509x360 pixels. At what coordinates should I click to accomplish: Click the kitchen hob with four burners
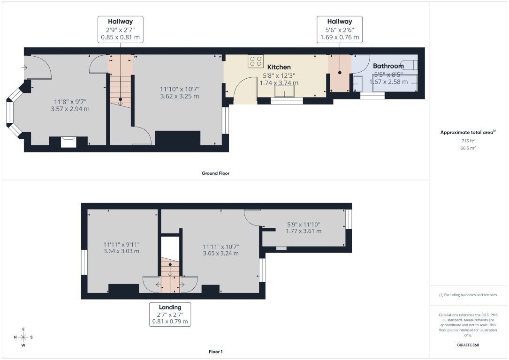click(x=256, y=61)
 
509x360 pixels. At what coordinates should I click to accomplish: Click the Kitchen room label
click(x=279, y=67)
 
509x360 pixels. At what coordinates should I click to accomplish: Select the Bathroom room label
click(x=388, y=66)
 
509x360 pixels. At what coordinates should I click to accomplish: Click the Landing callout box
click(x=170, y=314)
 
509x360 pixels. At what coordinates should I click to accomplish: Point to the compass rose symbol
click(x=23, y=337)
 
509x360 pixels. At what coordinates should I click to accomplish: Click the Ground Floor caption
click(x=215, y=173)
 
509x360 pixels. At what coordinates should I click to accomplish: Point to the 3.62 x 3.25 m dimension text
click(x=179, y=97)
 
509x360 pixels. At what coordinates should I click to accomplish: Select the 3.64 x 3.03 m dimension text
click(x=121, y=251)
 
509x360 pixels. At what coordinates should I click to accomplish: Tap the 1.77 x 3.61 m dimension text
click(x=304, y=231)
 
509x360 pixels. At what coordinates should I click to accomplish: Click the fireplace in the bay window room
click(x=69, y=142)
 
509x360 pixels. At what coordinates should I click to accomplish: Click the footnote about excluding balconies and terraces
click(x=468, y=295)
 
